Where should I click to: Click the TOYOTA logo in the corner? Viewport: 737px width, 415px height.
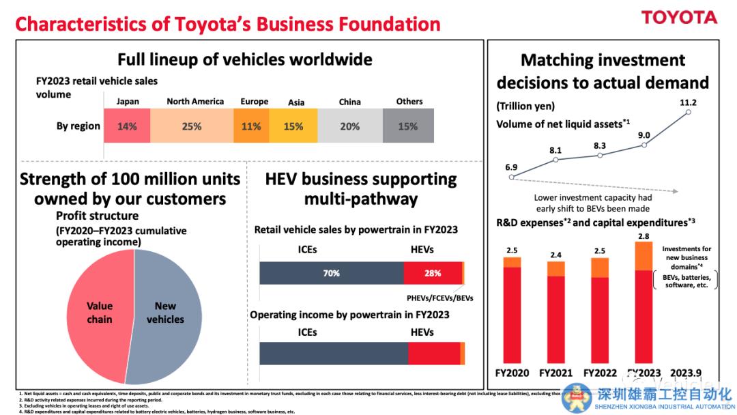679,18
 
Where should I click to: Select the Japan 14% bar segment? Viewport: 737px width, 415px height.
127,126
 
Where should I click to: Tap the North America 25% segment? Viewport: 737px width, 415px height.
192,126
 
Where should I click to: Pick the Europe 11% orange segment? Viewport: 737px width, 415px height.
251,126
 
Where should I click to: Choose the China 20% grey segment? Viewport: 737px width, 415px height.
349,126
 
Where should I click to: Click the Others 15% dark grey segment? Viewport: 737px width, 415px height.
408,126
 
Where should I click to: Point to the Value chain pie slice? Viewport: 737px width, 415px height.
99,313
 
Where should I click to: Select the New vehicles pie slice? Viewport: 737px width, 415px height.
166,313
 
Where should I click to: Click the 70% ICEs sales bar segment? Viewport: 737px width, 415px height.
332,273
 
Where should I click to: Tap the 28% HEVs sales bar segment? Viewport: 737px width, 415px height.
432,273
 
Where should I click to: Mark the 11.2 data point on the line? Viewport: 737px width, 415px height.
688,112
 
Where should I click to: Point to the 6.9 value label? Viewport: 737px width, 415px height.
510,167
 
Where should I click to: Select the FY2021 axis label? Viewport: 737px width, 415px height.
556,373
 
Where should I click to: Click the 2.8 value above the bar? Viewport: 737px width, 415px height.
644,235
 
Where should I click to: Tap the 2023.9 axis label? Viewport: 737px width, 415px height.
687,373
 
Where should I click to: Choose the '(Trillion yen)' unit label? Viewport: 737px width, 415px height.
525,106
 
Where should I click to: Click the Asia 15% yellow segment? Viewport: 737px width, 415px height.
293,126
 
